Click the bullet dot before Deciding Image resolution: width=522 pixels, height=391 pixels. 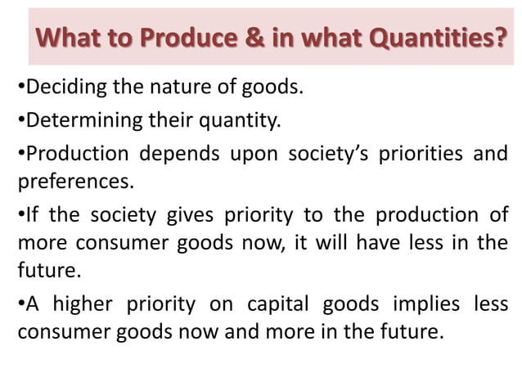(20, 86)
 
